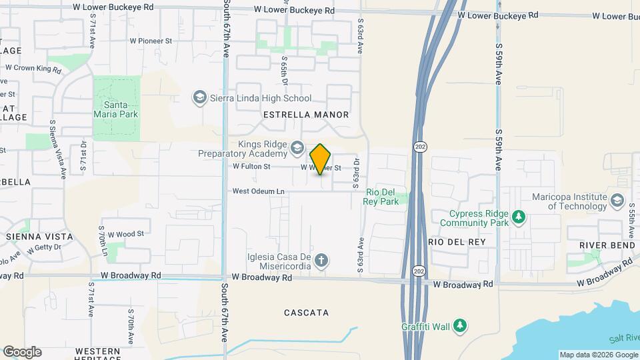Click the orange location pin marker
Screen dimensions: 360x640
(x=321, y=159)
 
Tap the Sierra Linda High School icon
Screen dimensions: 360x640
(x=199, y=98)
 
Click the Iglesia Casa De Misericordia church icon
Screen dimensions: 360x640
(x=321, y=260)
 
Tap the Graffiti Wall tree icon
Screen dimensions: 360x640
(x=459, y=325)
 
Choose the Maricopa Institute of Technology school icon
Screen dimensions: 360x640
(x=617, y=200)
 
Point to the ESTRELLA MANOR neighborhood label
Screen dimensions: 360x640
(x=306, y=115)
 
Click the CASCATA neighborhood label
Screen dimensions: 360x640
(x=306, y=312)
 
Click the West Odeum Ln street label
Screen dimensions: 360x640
(x=258, y=191)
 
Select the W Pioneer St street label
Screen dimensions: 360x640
(x=151, y=41)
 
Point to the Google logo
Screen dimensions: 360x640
(x=22, y=352)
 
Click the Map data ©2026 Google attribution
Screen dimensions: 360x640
(x=598, y=355)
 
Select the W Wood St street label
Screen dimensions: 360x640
(x=125, y=234)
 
